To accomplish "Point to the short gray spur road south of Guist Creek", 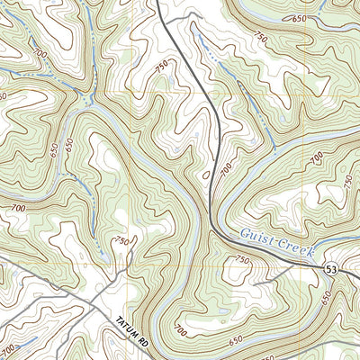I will click(265, 281).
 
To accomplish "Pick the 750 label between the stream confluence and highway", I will click(162, 64).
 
